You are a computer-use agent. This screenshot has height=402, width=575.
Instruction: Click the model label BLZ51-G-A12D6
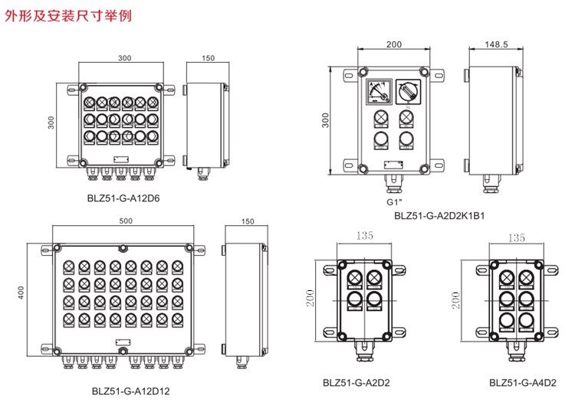[x=118, y=197]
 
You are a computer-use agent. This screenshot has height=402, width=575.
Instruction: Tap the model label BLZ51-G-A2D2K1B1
[x=439, y=216]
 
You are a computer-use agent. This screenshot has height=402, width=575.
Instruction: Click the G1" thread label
[x=394, y=203]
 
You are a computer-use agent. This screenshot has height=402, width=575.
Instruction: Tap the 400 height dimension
[x=21, y=292]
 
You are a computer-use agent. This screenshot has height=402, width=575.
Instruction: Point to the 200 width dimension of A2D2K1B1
[x=393, y=44]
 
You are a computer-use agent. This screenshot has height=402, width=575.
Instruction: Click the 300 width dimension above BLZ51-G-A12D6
[x=124, y=58]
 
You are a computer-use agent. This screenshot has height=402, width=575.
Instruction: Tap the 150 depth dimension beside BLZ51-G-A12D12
[x=247, y=221]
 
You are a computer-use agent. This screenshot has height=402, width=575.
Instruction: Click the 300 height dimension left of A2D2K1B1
[x=326, y=121]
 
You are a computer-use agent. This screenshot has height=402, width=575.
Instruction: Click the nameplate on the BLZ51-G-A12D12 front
[x=121, y=343]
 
